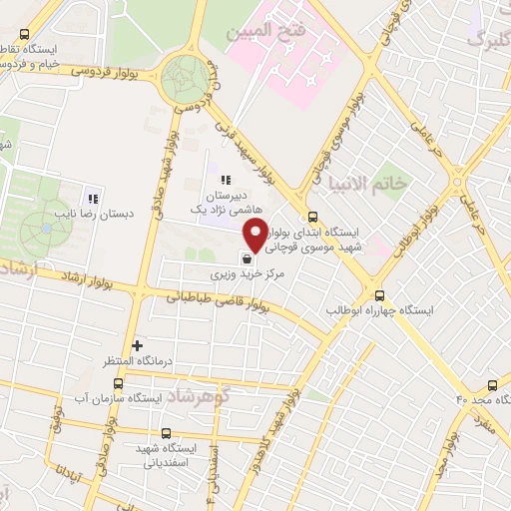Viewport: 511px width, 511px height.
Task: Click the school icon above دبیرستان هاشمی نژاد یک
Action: coord(226,180)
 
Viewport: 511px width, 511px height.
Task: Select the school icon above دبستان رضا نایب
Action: coord(95,195)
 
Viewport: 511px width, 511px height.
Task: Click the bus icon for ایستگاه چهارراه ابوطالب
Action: coord(378,294)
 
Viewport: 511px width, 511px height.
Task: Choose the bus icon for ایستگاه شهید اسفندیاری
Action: coord(166,433)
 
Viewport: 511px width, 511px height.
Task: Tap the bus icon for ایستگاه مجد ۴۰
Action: coord(492,385)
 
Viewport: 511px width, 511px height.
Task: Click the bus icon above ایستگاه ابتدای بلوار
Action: coord(313,216)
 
